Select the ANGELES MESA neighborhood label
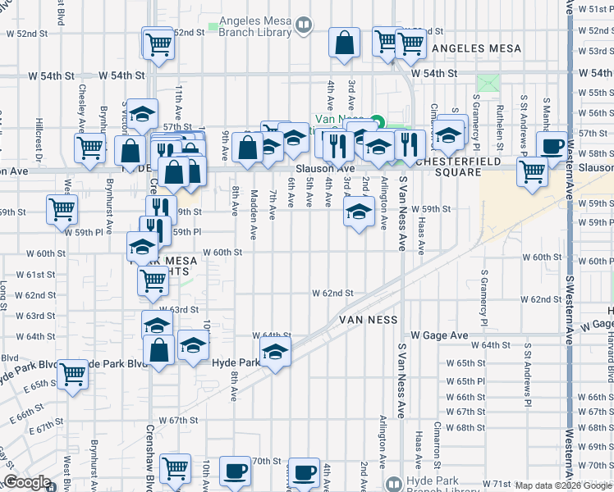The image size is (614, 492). point(476,48)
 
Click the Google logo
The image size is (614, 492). point(27,482)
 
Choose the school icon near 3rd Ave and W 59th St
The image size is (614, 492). point(358,211)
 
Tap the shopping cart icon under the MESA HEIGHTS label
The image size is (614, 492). point(153,280)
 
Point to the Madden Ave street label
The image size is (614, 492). point(254,215)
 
